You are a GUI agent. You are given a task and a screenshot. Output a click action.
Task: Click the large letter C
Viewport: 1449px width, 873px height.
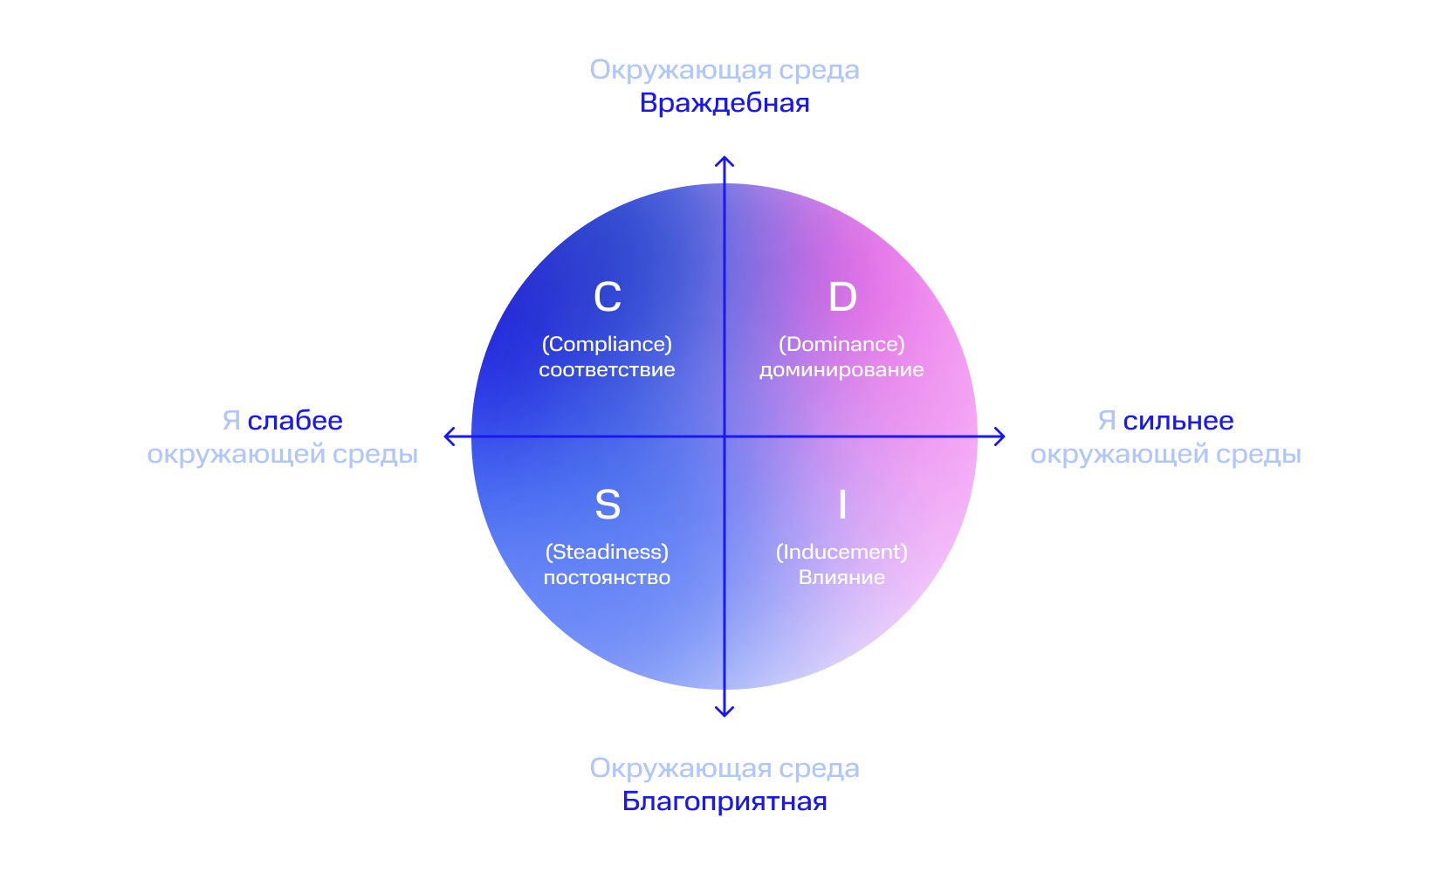(x=608, y=297)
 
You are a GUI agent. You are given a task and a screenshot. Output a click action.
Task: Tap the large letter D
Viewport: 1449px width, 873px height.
(x=842, y=297)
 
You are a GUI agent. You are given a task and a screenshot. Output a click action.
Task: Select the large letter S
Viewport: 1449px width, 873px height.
(x=608, y=505)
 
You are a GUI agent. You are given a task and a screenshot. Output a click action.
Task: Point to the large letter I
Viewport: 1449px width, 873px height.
(x=842, y=505)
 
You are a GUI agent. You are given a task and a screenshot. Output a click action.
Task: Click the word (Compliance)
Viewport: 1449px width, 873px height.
(x=607, y=344)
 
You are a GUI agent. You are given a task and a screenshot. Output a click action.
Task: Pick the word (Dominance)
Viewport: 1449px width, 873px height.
(x=841, y=344)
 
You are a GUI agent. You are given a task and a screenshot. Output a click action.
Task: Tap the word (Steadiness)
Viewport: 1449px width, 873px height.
(x=607, y=552)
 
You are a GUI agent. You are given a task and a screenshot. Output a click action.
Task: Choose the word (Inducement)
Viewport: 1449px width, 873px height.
(x=841, y=552)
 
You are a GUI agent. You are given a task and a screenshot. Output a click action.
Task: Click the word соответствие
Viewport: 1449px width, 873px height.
(x=607, y=370)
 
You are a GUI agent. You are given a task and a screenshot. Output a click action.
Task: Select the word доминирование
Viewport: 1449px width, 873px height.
(x=841, y=370)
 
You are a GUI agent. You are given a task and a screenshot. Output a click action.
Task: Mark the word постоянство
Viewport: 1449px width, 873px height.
(x=607, y=578)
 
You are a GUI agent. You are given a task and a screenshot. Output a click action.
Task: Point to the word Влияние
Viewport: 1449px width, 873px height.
(x=841, y=578)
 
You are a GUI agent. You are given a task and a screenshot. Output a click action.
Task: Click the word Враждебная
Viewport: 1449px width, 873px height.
(x=724, y=103)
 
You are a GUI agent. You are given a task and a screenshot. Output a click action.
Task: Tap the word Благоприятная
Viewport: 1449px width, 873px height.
(x=724, y=801)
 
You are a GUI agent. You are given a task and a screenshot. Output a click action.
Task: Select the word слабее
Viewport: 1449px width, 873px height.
(x=295, y=421)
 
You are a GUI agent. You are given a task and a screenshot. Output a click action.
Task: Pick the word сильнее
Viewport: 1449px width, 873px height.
(x=1178, y=421)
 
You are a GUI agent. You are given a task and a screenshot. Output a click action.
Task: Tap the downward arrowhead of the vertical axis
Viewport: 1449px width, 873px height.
(x=724, y=712)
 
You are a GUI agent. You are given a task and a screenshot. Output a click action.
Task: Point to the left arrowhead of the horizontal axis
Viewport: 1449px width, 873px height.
(x=449, y=436)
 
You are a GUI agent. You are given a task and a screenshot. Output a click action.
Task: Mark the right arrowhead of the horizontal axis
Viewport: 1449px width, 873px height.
(x=1001, y=436)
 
